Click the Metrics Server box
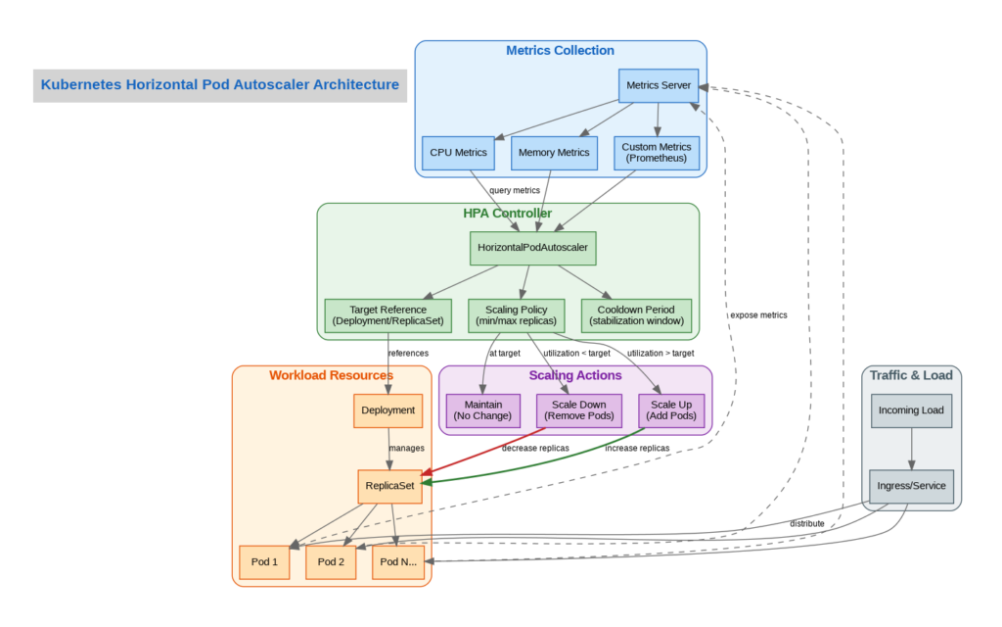pyautogui.click(x=659, y=85)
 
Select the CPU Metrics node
pyautogui.click(x=459, y=153)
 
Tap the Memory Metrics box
pyautogui.click(x=554, y=153)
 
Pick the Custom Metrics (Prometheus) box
pyautogui.click(x=657, y=153)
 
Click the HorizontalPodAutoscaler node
pyautogui.click(x=532, y=248)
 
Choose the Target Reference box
pyautogui.click(x=388, y=315)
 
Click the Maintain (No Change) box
pyautogui.click(x=484, y=410)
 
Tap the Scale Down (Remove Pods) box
pyautogui.click(x=579, y=410)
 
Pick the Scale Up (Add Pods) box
pyautogui.click(x=670, y=410)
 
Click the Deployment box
pyautogui.click(x=388, y=410)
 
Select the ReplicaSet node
pyautogui.click(x=388, y=486)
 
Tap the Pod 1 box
pyautogui.click(x=264, y=562)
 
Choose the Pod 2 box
pyautogui.click(x=331, y=562)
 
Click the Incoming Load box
pyautogui.click(x=911, y=410)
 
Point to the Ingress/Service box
pyautogui.click(x=911, y=486)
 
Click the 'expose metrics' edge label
pyautogui.click(x=757, y=315)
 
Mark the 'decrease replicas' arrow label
pyautogui.click(x=535, y=449)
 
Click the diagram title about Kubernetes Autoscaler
pyautogui.click(x=220, y=85)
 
